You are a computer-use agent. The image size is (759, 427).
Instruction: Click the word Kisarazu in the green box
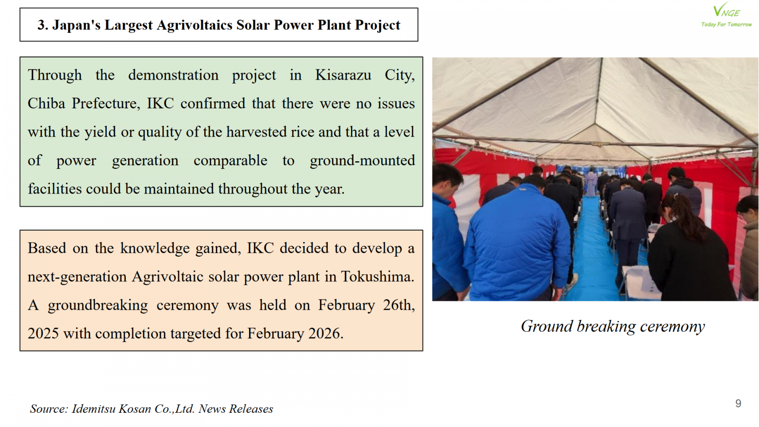[x=343, y=75]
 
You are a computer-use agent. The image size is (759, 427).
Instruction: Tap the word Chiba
[x=46, y=103]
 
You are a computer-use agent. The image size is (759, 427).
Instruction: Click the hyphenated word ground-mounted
[x=362, y=161]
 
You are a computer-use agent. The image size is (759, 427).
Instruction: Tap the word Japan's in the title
[x=76, y=25]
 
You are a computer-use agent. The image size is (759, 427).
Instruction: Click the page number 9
[x=738, y=403]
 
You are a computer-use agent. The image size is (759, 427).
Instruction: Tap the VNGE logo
[x=726, y=10]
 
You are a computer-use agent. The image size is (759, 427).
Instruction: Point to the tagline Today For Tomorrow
[x=726, y=24]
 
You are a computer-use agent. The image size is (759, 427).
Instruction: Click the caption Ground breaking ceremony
[x=612, y=326]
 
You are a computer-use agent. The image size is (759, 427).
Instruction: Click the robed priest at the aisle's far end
[x=591, y=183]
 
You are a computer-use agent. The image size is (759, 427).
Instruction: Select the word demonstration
[x=173, y=75]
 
